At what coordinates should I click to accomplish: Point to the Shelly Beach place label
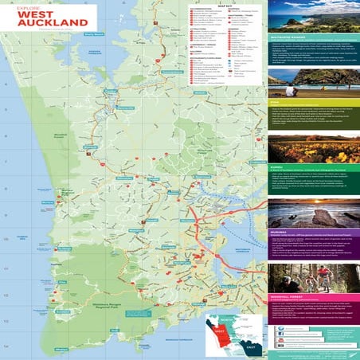pyautogui.click(x=95, y=35)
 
